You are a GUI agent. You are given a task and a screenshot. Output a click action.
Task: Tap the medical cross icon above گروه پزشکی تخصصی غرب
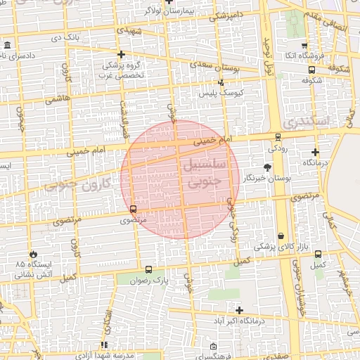[121, 54]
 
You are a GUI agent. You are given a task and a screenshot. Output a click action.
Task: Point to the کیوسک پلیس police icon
[221, 83]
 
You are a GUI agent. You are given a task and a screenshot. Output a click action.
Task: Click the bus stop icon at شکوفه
[311, 70]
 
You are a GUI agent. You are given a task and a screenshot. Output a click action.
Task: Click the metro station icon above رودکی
[278, 138]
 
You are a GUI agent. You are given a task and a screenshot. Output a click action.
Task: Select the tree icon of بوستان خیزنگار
[267, 167]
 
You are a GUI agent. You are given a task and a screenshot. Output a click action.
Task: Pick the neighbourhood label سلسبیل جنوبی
[203, 172]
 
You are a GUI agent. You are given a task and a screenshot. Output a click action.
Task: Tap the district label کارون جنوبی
[78, 184]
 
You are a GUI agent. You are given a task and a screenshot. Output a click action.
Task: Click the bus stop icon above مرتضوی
[133, 209]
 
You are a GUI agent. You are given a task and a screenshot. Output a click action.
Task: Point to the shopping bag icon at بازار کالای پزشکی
[282, 236]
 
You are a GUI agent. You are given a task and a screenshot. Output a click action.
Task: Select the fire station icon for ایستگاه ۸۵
[33, 253]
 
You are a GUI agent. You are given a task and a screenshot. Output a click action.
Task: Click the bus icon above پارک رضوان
[148, 269]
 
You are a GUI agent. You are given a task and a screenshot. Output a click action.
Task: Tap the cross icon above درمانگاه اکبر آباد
[240, 309]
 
